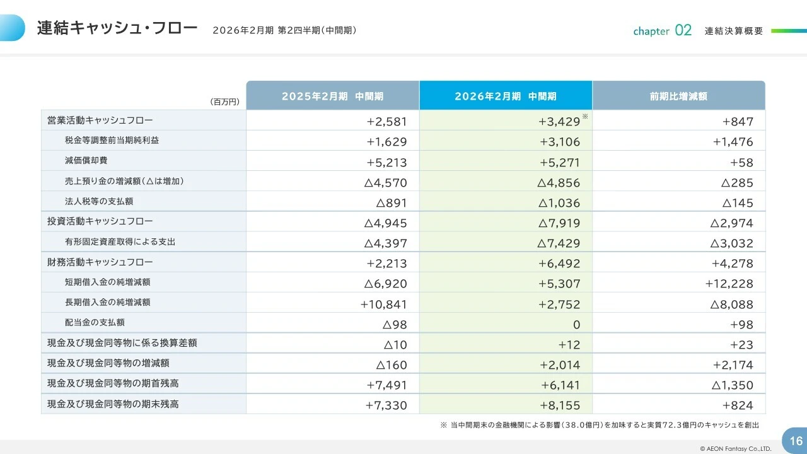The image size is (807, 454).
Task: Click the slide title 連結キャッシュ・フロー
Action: pyautogui.click(x=117, y=28)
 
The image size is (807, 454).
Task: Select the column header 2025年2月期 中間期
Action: pyautogui.click(x=332, y=96)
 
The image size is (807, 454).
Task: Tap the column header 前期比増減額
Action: pyautogui.click(x=678, y=96)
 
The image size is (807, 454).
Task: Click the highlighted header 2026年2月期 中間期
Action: pyautogui.click(x=506, y=96)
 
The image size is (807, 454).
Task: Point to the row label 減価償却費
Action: pyautogui.click(x=86, y=161)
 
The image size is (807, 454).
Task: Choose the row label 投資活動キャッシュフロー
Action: pyautogui.click(x=100, y=221)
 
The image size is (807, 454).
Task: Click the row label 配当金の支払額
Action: pyautogui.click(x=95, y=322)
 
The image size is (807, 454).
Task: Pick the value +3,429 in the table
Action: pyautogui.click(x=559, y=122)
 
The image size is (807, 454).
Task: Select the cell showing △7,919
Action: pyautogui.click(x=559, y=223)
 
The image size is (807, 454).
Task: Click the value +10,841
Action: pyautogui.click(x=383, y=304)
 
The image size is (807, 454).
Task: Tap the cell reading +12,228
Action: pyautogui.click(x=729, y=284)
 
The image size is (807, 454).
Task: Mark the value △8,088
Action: pyautogui.click(x=731, y=304)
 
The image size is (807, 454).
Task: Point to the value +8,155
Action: pyautogui.click(x=560, y=405)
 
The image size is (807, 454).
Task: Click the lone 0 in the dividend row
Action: pyautogui.click(x=576, y=324)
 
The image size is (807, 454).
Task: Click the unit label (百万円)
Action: pyautogui.click(x=224, y=102)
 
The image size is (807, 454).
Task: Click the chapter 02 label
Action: pyautogui.click(x=662, y=30)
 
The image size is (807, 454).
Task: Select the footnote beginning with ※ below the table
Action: pyautogui.click(x=599, y=425)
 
